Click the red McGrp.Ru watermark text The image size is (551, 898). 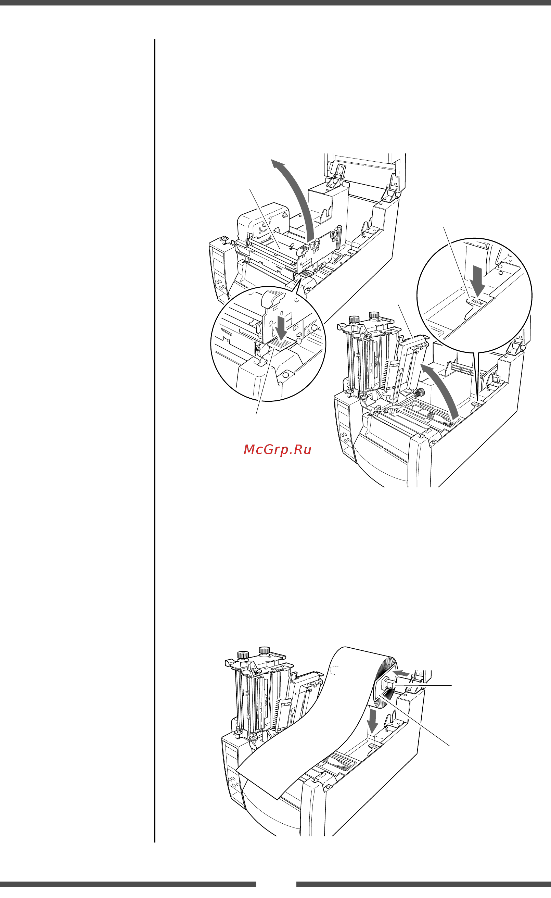pos(277,450)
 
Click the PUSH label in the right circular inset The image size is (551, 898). pos(478,302)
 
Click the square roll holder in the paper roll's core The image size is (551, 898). pos(387,684)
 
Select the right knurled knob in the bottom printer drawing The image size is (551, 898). pos(264,650)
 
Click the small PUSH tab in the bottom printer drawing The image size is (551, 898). pos(375,746)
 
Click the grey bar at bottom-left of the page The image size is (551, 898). pos(128,884)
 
